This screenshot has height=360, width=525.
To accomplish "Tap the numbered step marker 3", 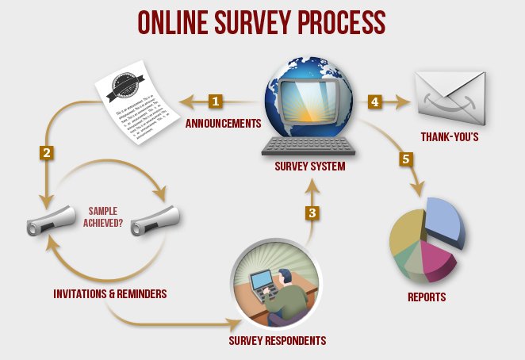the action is (x=313, y=213).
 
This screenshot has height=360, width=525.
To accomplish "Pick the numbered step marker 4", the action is (x=374, y=101).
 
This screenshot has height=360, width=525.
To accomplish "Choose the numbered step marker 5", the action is (x=405, y=159).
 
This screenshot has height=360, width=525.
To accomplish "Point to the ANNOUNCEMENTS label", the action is (x=223, y=124).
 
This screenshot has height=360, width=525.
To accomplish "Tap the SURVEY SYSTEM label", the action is (x=310, y=167).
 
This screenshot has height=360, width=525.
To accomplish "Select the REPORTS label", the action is (x=427, y=297).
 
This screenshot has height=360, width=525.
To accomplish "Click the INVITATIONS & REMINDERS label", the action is (x=110, y=293).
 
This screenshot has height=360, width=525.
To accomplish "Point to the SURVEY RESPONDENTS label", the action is (x=278, y=341).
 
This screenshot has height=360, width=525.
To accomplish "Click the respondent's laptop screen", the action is (x=262, y=281).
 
